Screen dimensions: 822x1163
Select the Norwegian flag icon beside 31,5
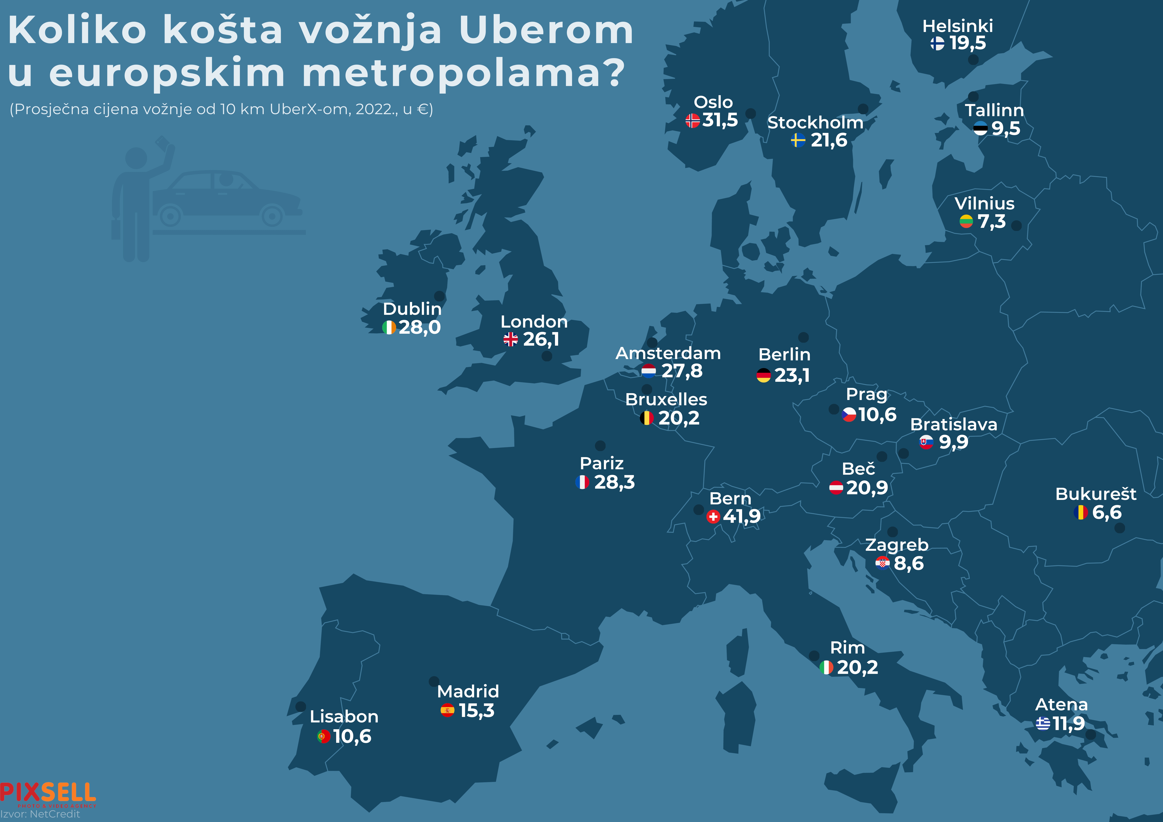pyautogui.click(x=692, y=120)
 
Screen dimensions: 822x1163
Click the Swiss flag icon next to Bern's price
pyautogui.click(x=713, y=517)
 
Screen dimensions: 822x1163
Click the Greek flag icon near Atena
pyautogui.click(x=1042, y=723)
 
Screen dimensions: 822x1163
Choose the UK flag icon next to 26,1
pyautogui.click(x=511, y=339)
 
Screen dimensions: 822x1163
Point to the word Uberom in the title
pyautogui.click(x=546, y=30)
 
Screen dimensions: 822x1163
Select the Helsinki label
pyautogui.click(x=957, y=26)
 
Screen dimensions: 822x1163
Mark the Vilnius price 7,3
pyautogui.click(x=991, y=221)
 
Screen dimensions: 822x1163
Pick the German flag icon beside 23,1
pyautogui.click(x=763, y=375)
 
